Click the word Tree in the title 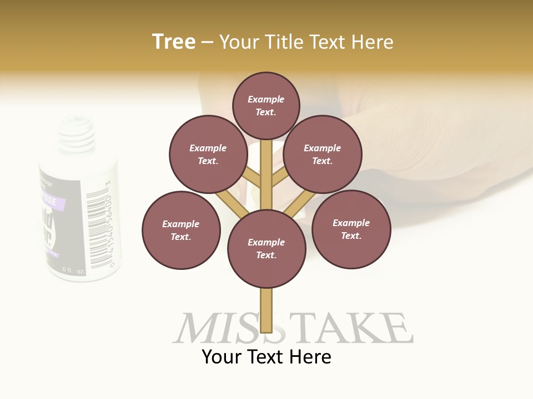coord(174,42)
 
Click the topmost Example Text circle coord(266,105)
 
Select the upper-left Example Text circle coord(208,154)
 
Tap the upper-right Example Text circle coord(323,154)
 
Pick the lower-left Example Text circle coord(181,230)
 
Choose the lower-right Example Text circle coord(351,229)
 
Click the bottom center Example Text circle coord(266,249)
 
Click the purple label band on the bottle coord(53,203)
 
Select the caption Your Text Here coord(266,357)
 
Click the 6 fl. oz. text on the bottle coord(73,270)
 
